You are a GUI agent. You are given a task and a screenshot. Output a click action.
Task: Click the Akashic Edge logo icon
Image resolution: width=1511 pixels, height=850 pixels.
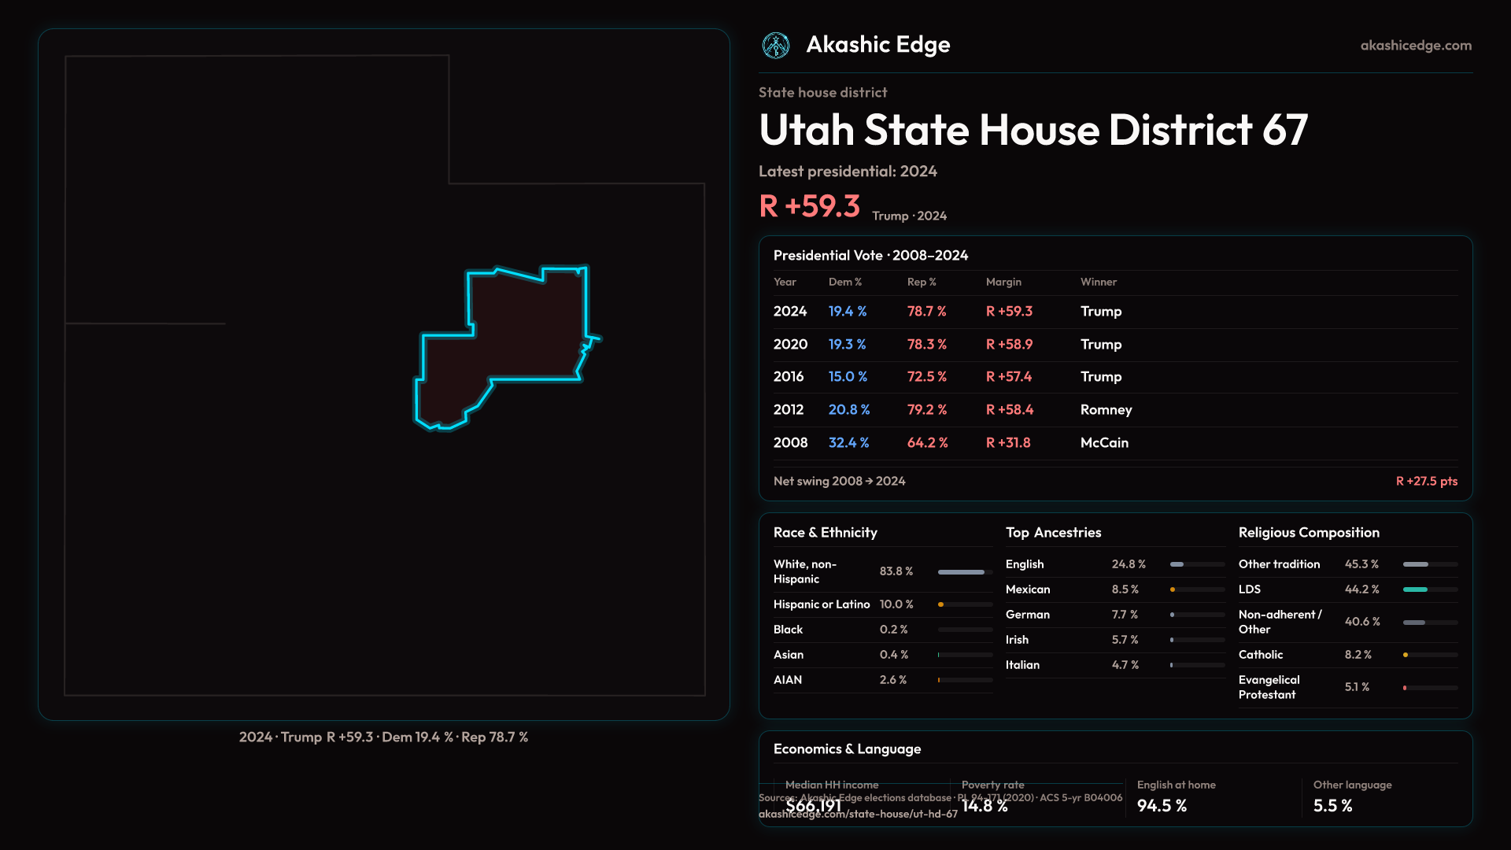coord(776,46)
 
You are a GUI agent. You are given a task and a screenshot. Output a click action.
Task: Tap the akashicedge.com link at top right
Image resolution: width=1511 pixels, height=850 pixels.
coord(1416,46)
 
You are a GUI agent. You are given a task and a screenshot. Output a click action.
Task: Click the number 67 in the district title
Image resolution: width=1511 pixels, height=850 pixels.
coord(1284,130)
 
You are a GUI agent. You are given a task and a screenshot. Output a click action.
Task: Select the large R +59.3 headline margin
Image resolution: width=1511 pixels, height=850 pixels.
coord(809,206)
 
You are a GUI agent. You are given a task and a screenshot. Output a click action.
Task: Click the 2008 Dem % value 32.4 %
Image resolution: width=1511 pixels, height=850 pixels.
coord(848,442)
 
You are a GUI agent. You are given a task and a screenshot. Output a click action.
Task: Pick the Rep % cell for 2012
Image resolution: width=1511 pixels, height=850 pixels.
coord(927,409)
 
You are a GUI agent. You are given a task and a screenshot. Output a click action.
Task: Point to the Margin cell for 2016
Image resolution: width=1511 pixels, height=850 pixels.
coord(1009,376)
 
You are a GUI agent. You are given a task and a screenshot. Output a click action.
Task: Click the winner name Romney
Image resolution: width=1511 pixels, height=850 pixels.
coord(1106,409)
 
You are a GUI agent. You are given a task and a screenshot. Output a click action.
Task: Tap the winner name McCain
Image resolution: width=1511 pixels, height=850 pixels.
coord(1104,442)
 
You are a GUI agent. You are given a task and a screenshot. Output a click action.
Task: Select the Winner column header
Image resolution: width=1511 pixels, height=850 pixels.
coord(1098,282)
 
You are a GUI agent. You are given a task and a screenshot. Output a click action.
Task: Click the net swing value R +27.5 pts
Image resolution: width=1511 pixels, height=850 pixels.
coord(1426,481)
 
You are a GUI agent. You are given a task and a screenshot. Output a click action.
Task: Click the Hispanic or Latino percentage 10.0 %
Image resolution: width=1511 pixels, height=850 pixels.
coord(896,604)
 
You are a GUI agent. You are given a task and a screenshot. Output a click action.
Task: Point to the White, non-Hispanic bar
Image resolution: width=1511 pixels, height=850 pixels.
coord(961,572)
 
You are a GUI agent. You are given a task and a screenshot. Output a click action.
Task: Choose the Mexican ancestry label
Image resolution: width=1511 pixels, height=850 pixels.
coord(1028,589)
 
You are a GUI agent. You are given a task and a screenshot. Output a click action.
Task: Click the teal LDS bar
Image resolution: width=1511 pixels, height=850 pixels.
coord(1415,589)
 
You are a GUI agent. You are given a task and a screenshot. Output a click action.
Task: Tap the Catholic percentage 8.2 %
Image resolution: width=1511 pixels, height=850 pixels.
coord(1358,655)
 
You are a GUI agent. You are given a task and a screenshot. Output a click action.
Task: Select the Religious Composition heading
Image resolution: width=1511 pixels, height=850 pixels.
coord(1309,533)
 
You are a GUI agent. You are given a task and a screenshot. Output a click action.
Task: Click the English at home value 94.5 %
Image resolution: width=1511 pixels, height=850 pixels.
coord(1162,806)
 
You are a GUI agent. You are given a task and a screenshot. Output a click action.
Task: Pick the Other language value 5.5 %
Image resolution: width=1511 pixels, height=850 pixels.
coord(1332,806)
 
